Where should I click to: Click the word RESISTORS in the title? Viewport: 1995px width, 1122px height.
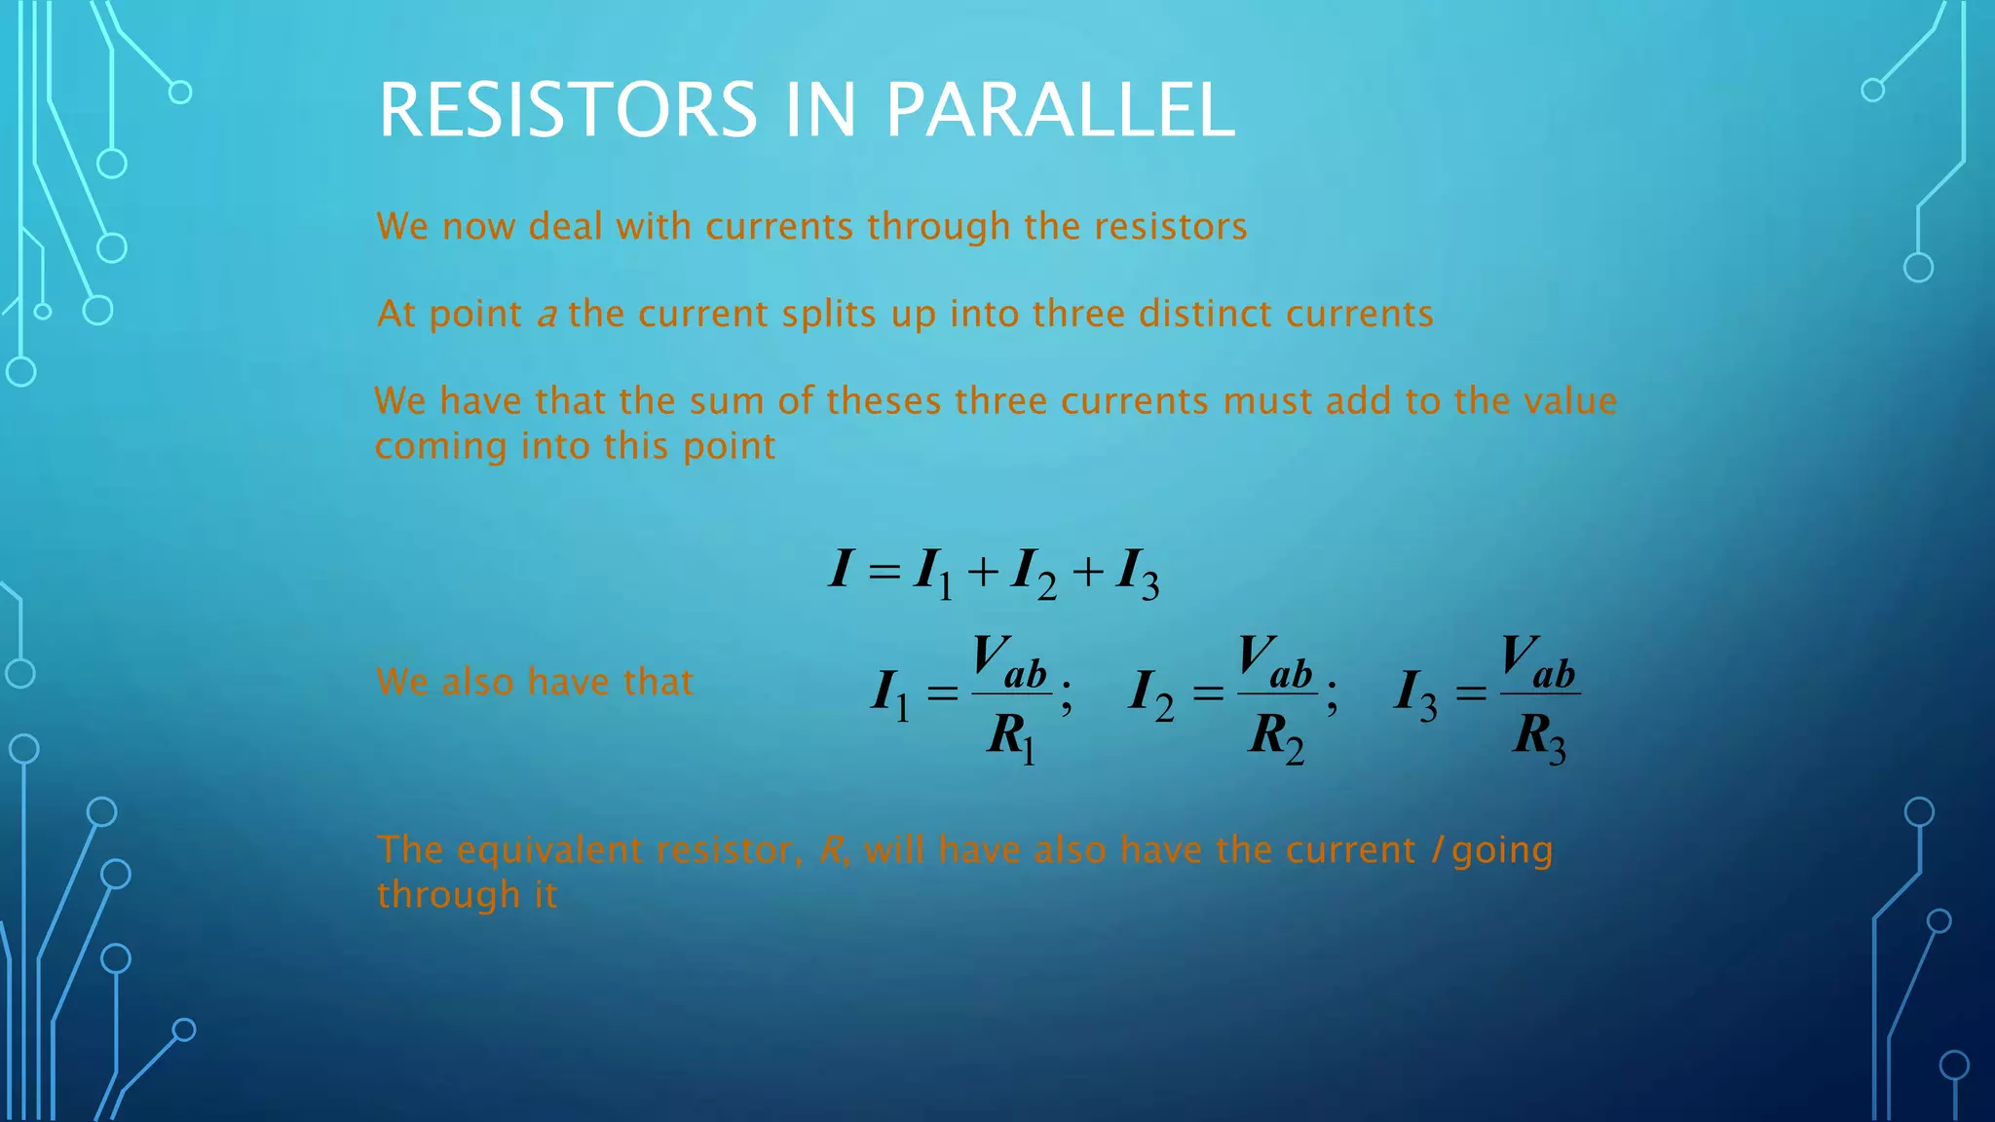coord(567,110)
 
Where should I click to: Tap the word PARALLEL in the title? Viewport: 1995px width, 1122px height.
coord(1060,110)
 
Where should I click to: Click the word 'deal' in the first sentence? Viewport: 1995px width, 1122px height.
coord(567,226)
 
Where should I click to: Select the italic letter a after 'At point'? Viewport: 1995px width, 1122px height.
coord(546,316)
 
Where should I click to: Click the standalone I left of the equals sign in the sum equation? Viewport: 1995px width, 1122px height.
coord(841,569)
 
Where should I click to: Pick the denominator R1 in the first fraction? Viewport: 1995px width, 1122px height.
coord(1010,736)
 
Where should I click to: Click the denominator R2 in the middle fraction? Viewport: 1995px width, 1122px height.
coord(1275,736)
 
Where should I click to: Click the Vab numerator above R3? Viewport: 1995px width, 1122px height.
coord(1538,661)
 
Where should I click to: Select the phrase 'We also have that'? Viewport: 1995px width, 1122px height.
coord(535,682)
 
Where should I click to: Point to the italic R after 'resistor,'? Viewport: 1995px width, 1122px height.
coord(831,850)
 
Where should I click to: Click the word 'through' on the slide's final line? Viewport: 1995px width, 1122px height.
coord(448,895)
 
